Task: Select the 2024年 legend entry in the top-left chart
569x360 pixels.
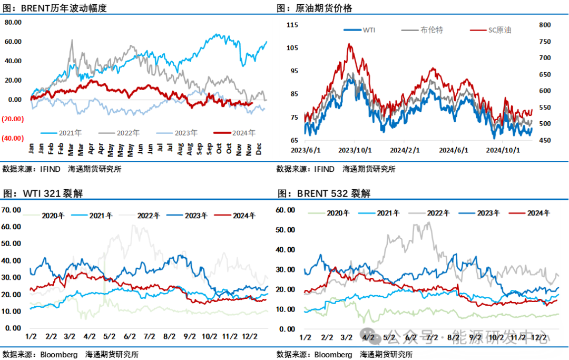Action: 244,133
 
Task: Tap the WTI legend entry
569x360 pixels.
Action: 368,30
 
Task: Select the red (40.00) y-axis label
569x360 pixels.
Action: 12,138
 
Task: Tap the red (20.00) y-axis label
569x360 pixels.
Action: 12,119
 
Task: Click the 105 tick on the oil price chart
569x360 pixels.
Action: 292,48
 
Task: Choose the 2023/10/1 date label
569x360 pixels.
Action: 354,150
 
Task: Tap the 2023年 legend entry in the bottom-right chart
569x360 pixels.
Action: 486,213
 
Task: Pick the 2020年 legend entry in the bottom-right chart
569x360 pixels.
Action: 338,213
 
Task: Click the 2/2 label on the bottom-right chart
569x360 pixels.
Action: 326,337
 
